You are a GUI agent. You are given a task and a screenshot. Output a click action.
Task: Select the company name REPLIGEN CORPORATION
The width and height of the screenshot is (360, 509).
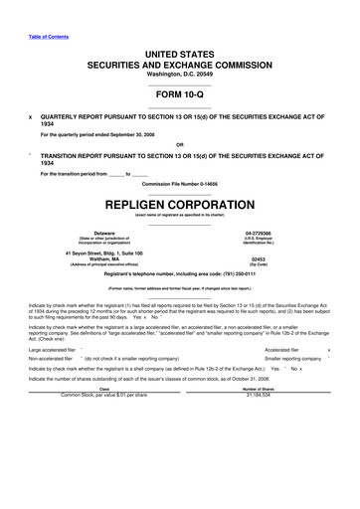click(179, 202)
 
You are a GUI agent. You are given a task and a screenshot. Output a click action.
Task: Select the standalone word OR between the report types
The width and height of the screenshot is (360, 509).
click(179, 145)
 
